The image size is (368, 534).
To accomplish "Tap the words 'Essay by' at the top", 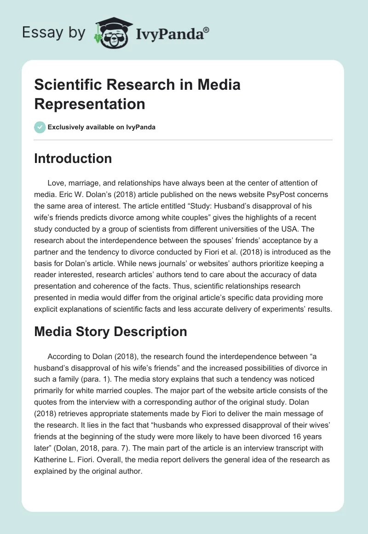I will click(53, 32).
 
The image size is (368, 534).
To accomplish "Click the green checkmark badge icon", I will click(40, 127).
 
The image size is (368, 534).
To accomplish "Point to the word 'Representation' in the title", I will click(90, 104).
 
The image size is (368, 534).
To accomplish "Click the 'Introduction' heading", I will click(73, 159).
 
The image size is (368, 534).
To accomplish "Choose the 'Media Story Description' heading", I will click(110, 331).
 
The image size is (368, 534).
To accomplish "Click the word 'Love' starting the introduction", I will click(56, 183).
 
